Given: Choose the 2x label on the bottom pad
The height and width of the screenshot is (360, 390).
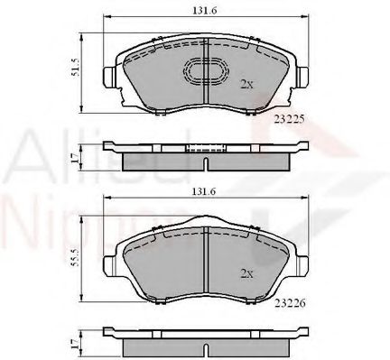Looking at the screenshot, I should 246,272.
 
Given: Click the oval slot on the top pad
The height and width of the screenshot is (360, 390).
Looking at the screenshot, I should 206,72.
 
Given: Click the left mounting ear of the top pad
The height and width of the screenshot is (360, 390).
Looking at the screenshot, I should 109,76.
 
